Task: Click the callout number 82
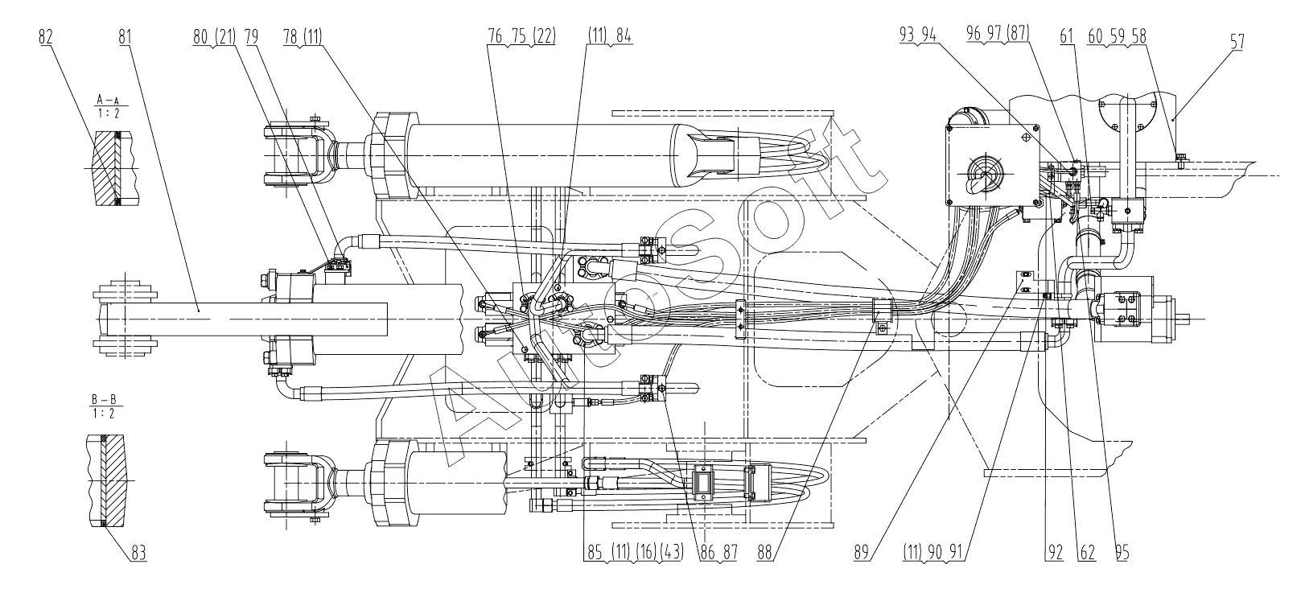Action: coord(46,36)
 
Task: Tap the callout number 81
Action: coord(125,36)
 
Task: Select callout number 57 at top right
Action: coord(1237,42)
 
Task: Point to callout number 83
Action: coord(139,553)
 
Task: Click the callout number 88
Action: coord(765,553)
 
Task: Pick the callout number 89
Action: coord(862,553)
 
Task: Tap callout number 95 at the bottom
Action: coord(1122,553)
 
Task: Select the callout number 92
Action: coord(1055,553)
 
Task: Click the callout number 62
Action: coord(1088,553)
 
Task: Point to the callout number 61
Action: coord(1067,36)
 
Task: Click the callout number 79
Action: coord(252,36)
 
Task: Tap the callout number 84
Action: coord(624,36)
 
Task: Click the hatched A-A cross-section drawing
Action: coord(113,167)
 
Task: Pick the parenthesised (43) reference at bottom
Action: coord(672,553)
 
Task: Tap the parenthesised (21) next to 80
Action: coord(224,36)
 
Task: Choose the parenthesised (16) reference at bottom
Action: coord(646,553)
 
